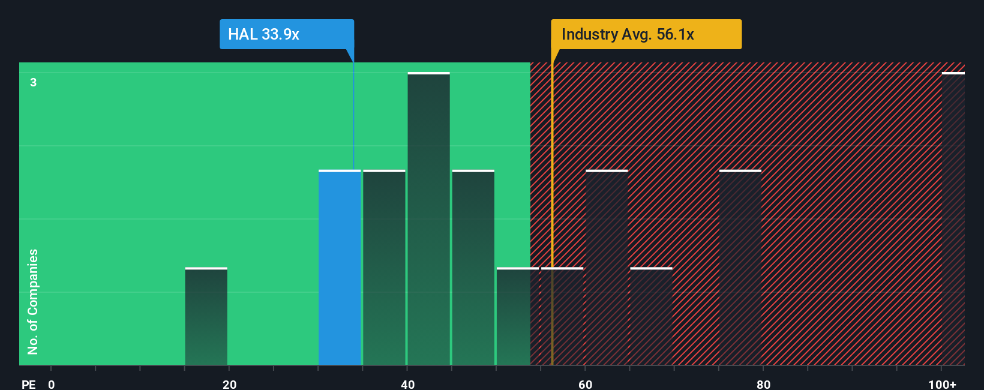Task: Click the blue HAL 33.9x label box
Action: [x=286, y=34]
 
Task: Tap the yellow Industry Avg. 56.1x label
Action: [x=646, y=34]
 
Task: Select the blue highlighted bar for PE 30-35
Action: [x=340, y=268]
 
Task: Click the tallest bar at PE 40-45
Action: [x=428, y=219]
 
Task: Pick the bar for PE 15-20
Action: [x=206, y=317]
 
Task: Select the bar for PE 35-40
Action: [x=384, y=268]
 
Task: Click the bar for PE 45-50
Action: [x=473, y=268]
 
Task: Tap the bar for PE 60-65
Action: [x=607, y=268]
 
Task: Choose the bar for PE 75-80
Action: [x=740, y=268]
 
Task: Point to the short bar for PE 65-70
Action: [x=651, y=317]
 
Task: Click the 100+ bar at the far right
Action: [x=953, y=219]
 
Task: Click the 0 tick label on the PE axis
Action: [x=52, y=384]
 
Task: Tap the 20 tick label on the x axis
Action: [x=229, y=384]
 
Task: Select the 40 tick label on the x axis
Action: [x=407, y=384]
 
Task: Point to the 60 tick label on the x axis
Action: [x=586, y=384]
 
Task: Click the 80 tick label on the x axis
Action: [x=763, y=384]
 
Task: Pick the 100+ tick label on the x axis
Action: [x=942, y=384]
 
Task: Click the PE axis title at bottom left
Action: [x=28, y=384]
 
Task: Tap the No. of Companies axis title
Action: [x=33, y=302]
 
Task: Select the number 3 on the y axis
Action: [x=34, y=82]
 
